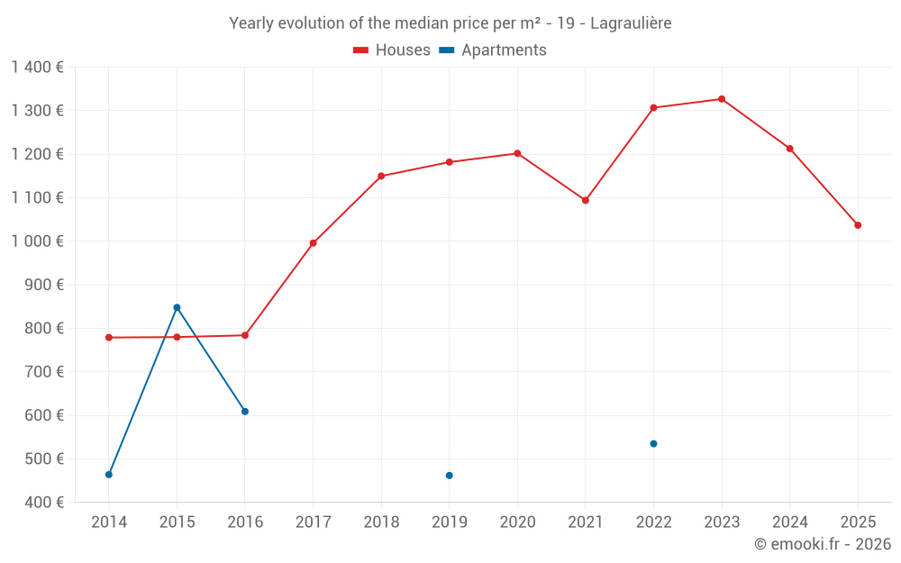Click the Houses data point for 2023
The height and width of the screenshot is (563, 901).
coord(722,99)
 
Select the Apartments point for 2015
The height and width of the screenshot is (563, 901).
coord(177,307)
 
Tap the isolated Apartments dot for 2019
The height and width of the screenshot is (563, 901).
coord(450,476)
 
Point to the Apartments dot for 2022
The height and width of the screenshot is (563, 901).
coord(653,443)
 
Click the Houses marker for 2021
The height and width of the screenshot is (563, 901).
coord(586,200)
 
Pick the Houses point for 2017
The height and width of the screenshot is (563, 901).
coord(313,243)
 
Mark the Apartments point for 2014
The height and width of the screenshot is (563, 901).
coord(109,475)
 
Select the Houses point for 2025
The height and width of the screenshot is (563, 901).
coord(858,225)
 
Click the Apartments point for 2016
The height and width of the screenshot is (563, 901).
coord(245,412)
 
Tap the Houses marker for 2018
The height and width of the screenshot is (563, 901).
coord(381,176)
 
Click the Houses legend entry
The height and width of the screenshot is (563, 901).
coord(392,50)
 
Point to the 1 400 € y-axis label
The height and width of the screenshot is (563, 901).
coord(38,67)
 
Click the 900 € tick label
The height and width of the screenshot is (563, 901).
coord(45,285)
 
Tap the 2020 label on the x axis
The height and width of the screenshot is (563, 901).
coord(517,522)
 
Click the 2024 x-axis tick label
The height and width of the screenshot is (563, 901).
coord(789,522)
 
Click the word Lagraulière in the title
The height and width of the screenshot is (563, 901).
coord(630,23)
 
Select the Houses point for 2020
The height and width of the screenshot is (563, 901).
coord(517,153)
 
